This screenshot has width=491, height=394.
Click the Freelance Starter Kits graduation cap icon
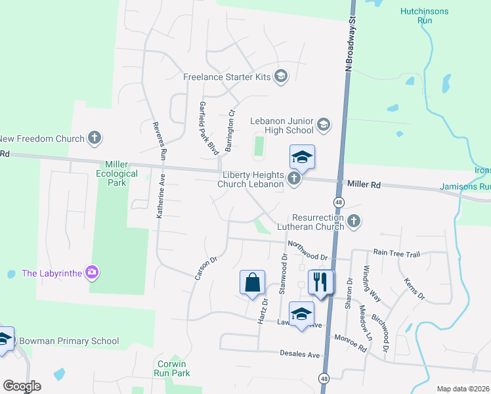[x=281, y=77]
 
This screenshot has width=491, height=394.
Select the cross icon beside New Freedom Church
[x=95, y=138]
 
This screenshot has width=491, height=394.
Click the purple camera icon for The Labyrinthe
[x=93, y=273]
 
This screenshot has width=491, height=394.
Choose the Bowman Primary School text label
[x=69, y=341]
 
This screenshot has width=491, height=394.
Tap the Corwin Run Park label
[x=173, y=368]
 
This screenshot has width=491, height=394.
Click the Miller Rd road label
[x=364, y=185]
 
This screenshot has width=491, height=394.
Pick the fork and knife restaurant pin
[x=320, y=282]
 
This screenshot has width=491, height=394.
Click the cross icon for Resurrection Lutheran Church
[x=354, y=221]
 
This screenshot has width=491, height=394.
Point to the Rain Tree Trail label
[x=396, y=253]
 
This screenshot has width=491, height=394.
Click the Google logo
[x=22, y=386]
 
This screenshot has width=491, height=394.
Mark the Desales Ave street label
[x=299, y=355]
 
